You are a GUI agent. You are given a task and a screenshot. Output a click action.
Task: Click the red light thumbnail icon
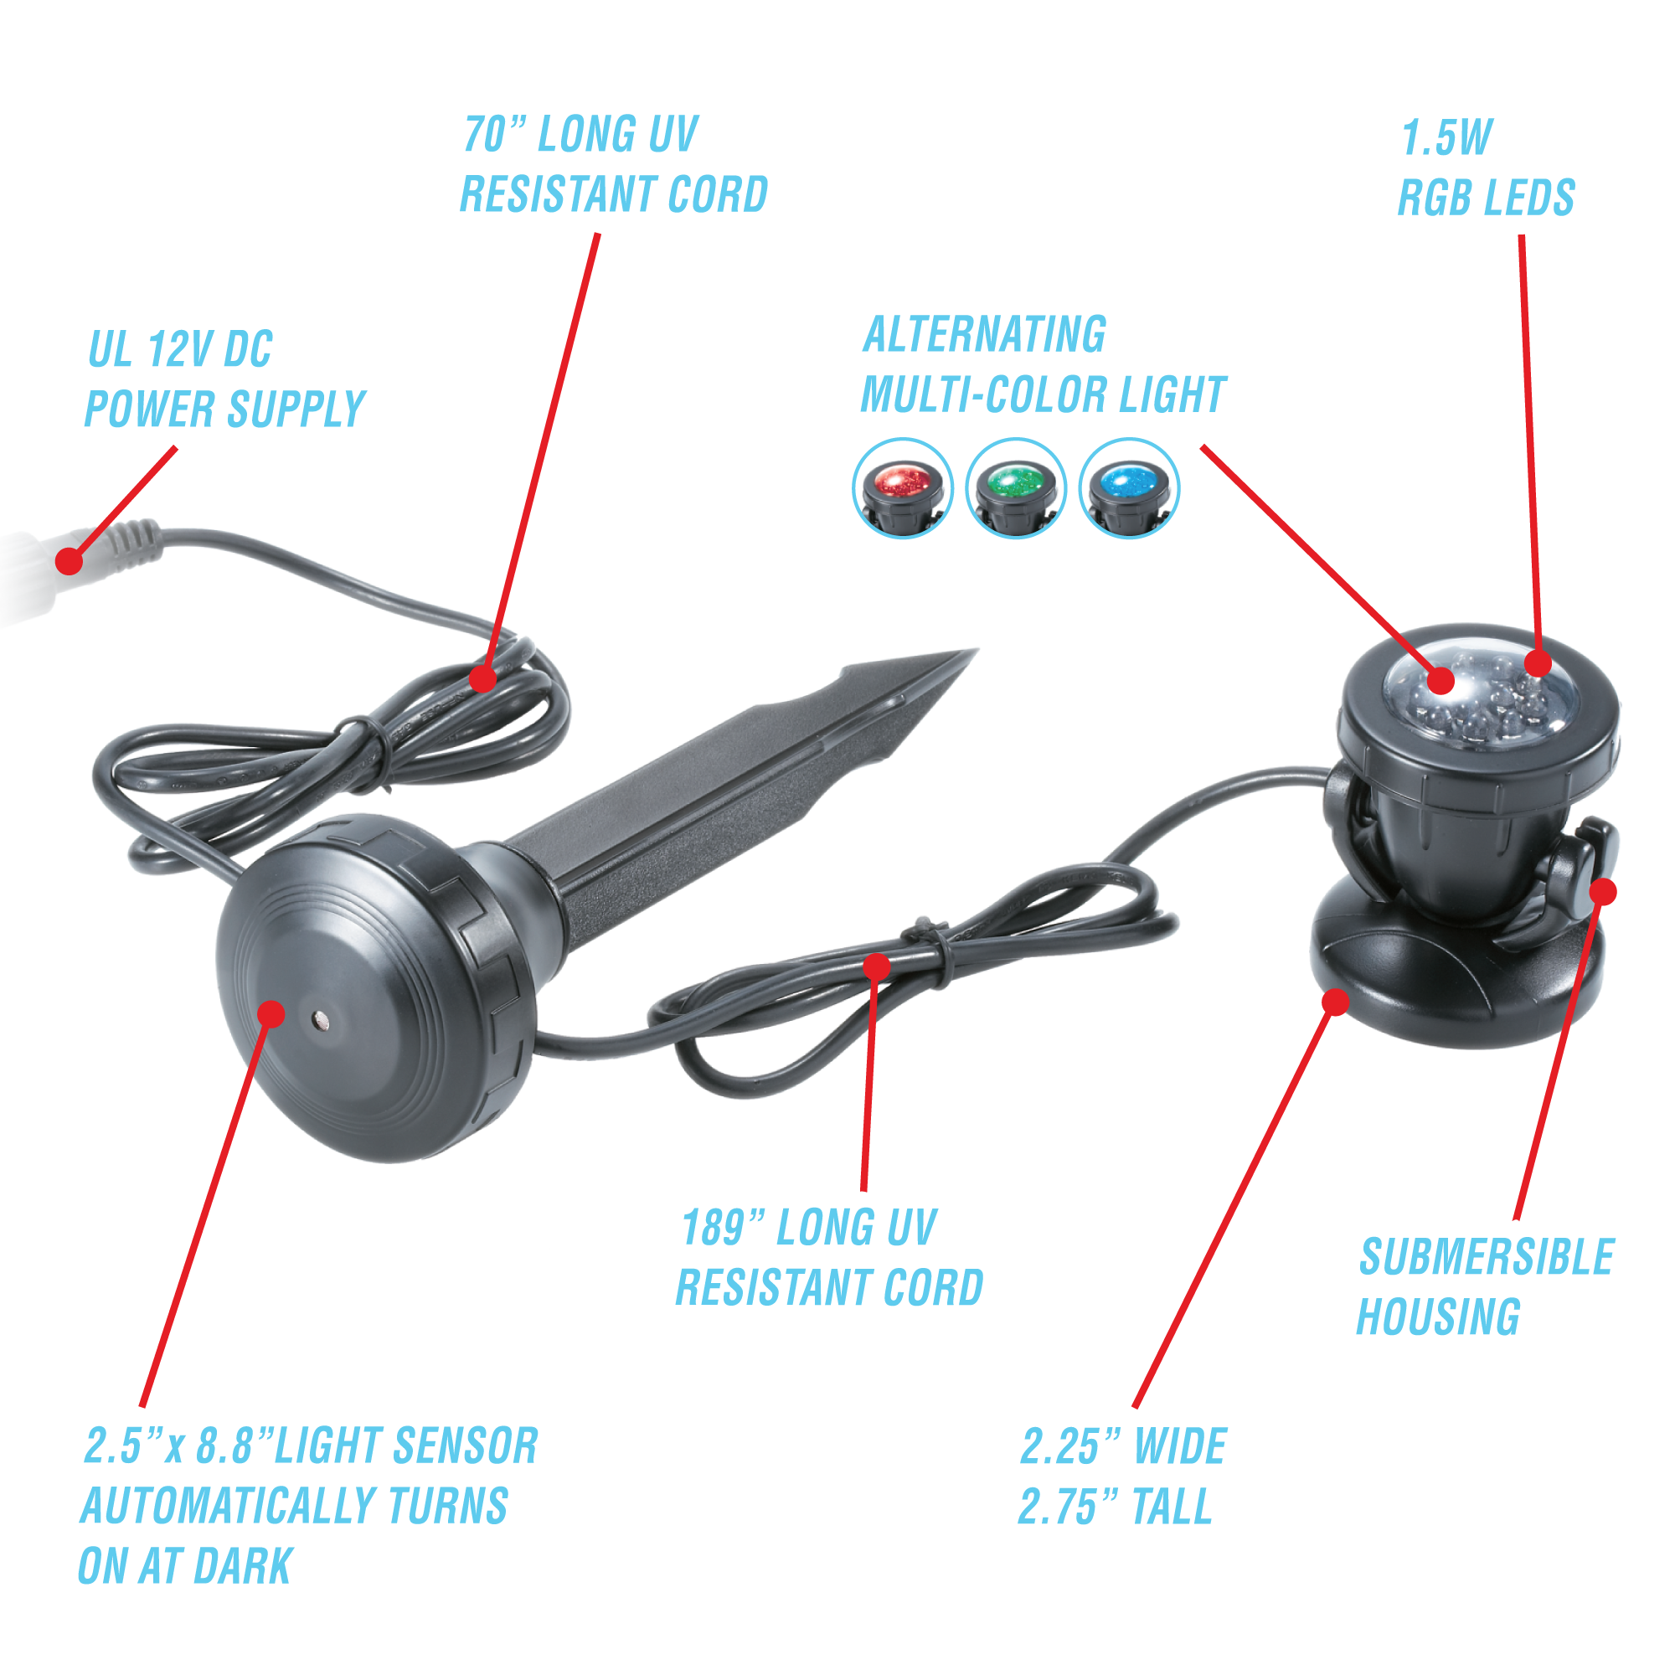[903, 488]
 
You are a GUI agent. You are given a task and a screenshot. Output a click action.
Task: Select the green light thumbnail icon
[1016, 488]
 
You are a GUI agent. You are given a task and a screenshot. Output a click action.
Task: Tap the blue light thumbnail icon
[1129, 488]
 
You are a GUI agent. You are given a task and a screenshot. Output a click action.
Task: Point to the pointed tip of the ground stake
[977, 649]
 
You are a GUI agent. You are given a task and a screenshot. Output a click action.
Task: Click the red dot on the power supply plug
[69, 562]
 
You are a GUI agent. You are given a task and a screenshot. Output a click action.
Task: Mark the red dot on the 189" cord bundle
[878, 966]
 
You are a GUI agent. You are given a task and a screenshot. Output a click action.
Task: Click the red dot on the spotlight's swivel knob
[1604, 891]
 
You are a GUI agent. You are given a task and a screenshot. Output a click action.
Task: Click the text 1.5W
[1447, 138]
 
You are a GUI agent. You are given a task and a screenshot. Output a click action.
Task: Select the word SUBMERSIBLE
[1486, 1257]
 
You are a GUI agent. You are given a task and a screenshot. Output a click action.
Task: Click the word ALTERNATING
[985, 335]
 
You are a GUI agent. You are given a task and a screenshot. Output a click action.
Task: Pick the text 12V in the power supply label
[179, 349]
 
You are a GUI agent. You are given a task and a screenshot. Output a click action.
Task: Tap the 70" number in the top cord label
[495, 134]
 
